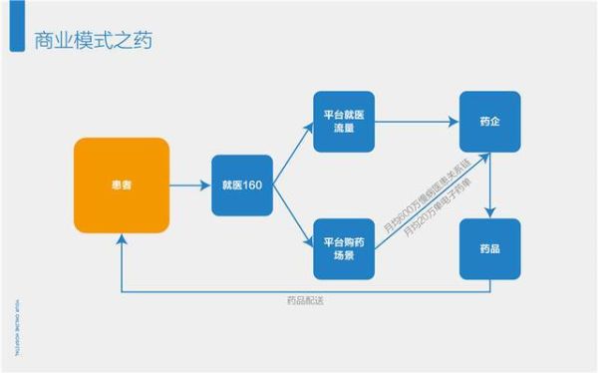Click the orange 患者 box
(122, 186)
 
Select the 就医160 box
(242, 186)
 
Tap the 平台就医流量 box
(344, 122)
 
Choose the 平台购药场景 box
(344, 248)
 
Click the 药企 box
(489, 122)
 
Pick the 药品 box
(489, 248)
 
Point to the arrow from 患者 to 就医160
(190, 186)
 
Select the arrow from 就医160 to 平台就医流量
(291, 155)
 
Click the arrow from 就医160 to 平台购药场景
(291, 216)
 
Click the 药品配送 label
(305, 302)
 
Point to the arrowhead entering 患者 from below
(122, 240)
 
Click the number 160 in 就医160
(253, 186)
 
